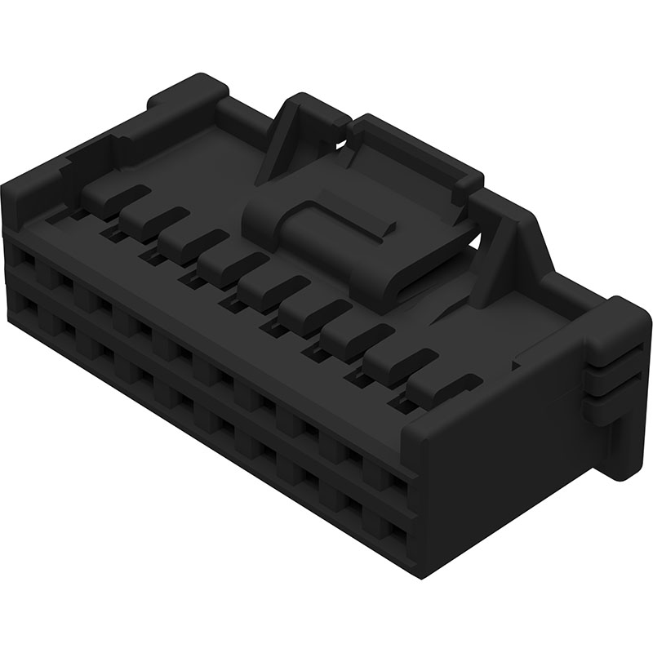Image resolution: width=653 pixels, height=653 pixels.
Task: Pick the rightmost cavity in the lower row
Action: coord(397,535)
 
